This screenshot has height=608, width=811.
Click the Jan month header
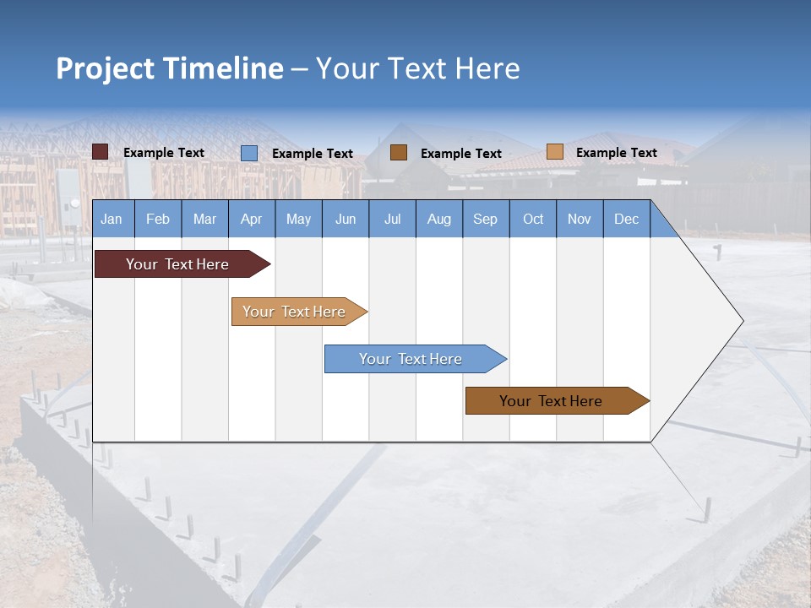[x=112, y=219]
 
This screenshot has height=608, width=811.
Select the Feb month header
[x=158, y=219]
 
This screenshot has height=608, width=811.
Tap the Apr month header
[x=251, y=219]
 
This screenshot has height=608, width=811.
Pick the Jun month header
[x=346, y=219]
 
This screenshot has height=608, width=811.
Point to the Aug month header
[x=438, y=219]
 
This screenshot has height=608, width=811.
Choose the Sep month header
[x=485, y=219]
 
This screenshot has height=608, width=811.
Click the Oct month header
[x=533, y=219]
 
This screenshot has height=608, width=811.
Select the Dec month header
[x=626, y=219]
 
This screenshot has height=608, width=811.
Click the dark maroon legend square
[x=100, y=152]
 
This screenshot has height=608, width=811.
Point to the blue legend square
[x=248, y=153]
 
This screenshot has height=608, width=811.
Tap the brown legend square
[x=399, y=153]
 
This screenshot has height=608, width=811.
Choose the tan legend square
[x=554, y=152]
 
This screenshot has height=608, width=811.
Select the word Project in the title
[x=106, y=68]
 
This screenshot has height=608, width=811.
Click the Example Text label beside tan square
[x=616, y=153]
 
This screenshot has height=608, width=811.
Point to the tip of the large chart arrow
[x=742, y=321]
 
